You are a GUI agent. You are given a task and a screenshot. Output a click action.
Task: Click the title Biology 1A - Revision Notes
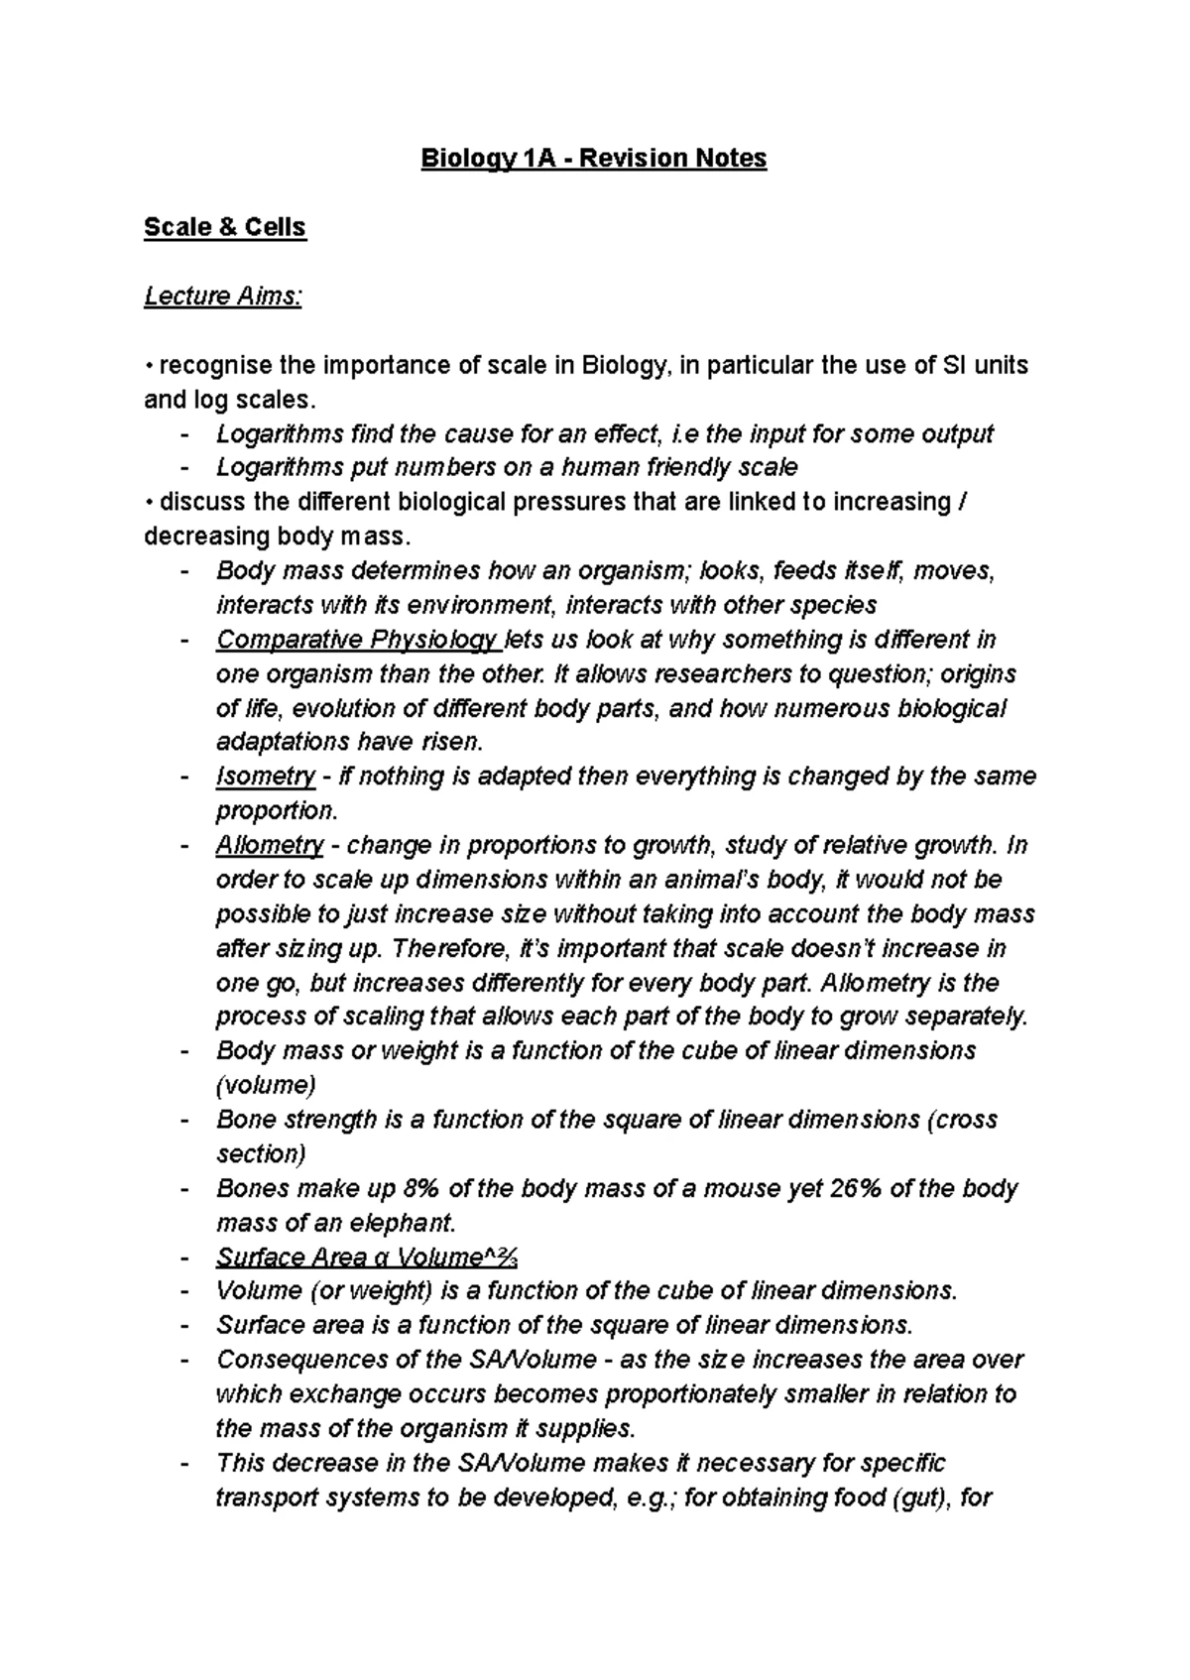pos(594,159)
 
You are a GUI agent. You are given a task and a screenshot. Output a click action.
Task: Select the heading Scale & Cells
pos(225,227)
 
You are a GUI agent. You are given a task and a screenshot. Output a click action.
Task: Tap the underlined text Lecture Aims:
pos(223,297)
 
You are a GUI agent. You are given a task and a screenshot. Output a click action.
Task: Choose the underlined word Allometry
pos(270,846)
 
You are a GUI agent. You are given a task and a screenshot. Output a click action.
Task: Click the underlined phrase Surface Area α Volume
pos(366,1258)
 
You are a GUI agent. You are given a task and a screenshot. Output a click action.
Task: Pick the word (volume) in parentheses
pos(266,1085)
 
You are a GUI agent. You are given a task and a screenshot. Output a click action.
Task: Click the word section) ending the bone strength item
pos(261,1154)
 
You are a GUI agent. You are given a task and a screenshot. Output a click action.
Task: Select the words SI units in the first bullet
pos(982,365)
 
